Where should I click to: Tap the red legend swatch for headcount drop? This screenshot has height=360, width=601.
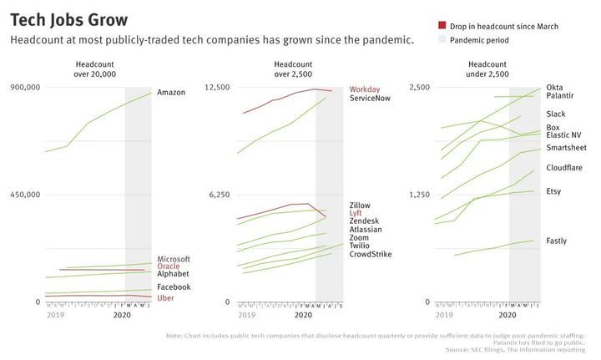point(442,27)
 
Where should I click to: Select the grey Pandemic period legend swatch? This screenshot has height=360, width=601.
point(442,40)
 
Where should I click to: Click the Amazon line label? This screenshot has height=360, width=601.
point(171,92)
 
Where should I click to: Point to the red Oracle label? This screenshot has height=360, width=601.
point(169,266)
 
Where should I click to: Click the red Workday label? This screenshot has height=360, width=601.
point(365,89)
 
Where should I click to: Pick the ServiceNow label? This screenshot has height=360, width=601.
point(371,99)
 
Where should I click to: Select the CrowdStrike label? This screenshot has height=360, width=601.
point(371,254)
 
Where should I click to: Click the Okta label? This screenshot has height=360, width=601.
point(554,88)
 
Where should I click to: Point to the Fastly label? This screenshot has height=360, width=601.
point(556,241)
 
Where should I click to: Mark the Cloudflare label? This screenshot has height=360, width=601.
point(564,168)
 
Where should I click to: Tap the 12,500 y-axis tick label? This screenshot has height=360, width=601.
point(217,87)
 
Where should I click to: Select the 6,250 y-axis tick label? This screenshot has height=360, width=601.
point(220,195)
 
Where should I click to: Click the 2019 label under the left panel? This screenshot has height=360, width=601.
point(56,315)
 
